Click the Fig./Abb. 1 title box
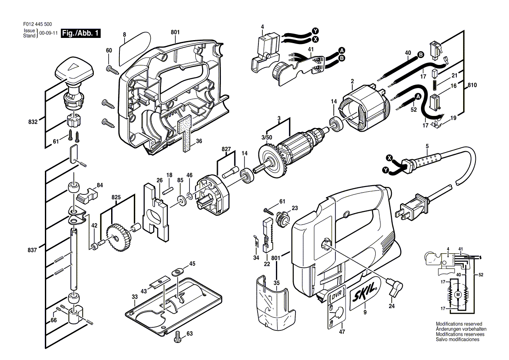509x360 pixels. click(x=81, y=33)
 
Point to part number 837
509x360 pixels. click(x=32, y=250)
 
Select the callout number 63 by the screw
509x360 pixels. click(x=190, y=334)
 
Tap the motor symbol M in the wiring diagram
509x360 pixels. click(x=458, y=295)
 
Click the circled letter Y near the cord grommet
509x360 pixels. click(x=385, y=170)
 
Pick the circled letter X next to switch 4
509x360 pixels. click(x=315, y=39)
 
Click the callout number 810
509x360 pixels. click(x=472, y=85)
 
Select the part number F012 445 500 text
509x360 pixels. click(x=37, y=24)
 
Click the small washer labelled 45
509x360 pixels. click(x=177, y=271)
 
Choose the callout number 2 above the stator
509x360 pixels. click(x=352, y=82)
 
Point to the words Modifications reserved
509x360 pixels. click(x=459, y=324)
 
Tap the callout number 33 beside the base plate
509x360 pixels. click(x=135, y=297)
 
